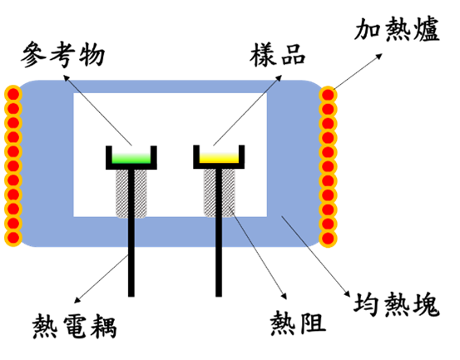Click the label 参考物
pos(62,55)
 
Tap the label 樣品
pos(278,55)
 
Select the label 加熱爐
pos(397,29)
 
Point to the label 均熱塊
pos(397,304)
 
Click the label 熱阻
pos(298,323)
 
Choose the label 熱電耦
pos(75,326)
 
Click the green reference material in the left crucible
pos(131,158)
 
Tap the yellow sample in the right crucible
pos(219,158)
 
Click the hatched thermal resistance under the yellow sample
pos(220,193)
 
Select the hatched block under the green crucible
pos(131,194)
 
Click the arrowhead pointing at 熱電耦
pos(77,300)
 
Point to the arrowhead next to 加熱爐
pos(379,56)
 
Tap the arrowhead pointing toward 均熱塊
pos(348,294)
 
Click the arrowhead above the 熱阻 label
pos(284,296)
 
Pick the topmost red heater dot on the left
pos(13,95)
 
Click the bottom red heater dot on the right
pos(328,238)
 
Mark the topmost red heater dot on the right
pos(328,95)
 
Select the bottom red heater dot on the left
pos(13,237)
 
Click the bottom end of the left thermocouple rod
pos(131,296)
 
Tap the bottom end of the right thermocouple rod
pos(219,296)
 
